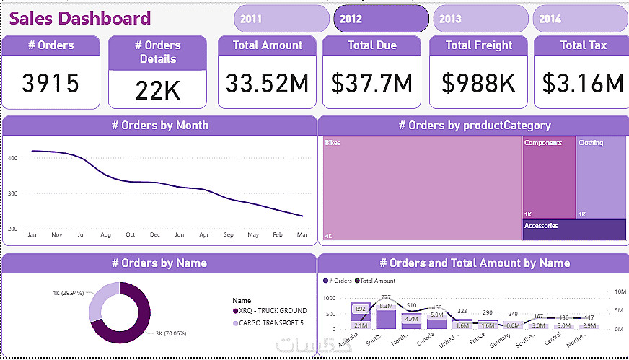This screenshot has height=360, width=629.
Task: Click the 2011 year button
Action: click(x=281, y=19)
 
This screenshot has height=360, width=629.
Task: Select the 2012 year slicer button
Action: click(x=381, y=19)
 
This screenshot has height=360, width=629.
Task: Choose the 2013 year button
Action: click(x=480, y=19)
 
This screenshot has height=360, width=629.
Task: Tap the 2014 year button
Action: click(x=580, y=19)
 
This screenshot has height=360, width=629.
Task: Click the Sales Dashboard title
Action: click(x=80, y=19)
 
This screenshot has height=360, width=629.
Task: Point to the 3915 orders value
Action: click(x=50, y=84)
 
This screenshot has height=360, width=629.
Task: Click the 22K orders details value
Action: click(x=157, y=90)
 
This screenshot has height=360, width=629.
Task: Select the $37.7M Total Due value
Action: click(x=371, y=84)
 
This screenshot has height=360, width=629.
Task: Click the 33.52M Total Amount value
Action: click(x=267, y=84)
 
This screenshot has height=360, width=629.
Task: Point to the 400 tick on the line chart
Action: click(x=12, y=157)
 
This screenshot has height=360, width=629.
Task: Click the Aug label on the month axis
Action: click(x=105, y=235)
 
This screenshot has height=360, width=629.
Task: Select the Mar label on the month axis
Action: click(x=302, y=235)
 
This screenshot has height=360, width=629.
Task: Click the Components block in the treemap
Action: click(x=548, y=177)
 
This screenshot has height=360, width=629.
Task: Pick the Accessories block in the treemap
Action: click(x=574, y=230)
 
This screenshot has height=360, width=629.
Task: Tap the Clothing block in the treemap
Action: click(x=601, y=177)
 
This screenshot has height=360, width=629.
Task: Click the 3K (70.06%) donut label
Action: click(x=172, y=333)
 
